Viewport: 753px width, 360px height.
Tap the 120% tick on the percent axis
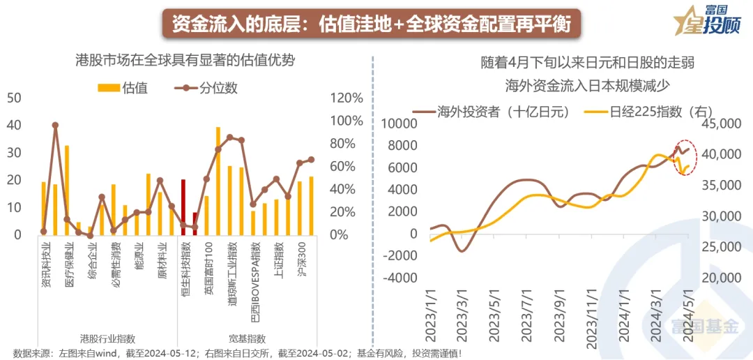[345, 98]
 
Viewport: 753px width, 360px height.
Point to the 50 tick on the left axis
[14, 98]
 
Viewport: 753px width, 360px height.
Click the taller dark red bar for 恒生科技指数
[183, 207]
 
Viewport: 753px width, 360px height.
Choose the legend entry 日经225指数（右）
[649, 111]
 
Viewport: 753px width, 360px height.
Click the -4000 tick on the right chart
[399, 278]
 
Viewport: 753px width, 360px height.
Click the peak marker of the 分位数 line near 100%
[55, 126]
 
